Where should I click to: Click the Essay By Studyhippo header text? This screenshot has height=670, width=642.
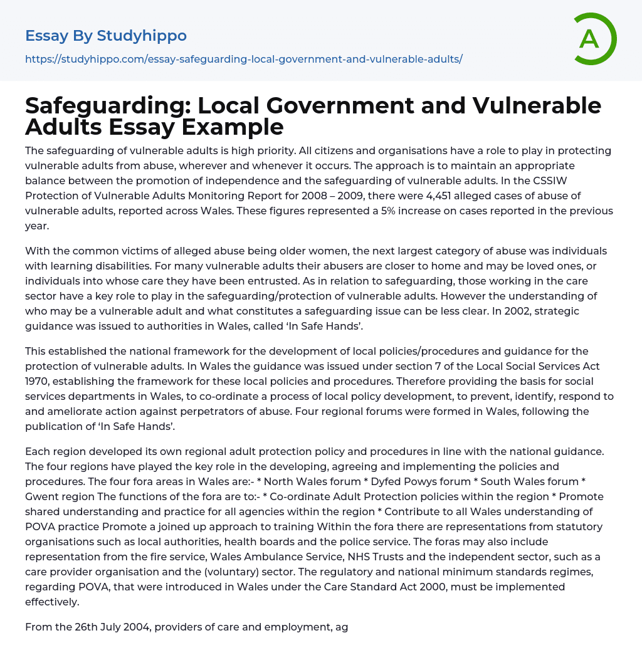point(106,36)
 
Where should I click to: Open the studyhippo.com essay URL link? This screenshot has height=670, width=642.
point(243,59)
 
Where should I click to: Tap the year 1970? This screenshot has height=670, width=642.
point(39,381)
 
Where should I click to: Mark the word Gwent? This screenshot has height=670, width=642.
point(44,496)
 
